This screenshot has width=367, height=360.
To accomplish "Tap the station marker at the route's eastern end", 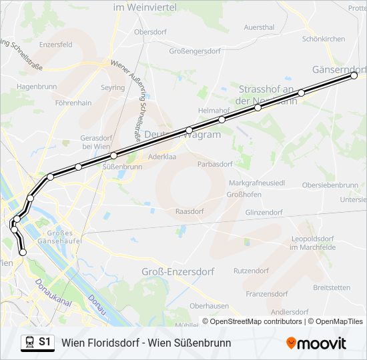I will pos(354,76).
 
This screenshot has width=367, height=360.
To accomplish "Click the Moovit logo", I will pos(316,343).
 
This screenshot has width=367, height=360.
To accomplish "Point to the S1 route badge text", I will pos(45,342).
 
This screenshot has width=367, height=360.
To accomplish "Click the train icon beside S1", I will pos(29,342).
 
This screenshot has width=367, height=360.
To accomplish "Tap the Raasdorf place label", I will pos(189,210).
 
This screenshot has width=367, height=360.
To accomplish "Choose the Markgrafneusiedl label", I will pos(257,182).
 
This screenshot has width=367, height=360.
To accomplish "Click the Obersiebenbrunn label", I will pos(330,185).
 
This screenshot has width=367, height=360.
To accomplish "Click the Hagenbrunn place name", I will pos(37,87).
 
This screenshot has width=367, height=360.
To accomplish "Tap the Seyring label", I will pos(112,87).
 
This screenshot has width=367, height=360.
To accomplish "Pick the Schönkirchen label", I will pos(324,39).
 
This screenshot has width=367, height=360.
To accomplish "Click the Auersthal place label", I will pos(260,27).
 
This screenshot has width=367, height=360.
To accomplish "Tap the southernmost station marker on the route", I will pos(23,253).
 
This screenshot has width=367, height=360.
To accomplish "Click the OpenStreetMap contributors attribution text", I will pos(256,321).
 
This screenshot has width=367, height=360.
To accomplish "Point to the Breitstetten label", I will pos(331,287).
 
